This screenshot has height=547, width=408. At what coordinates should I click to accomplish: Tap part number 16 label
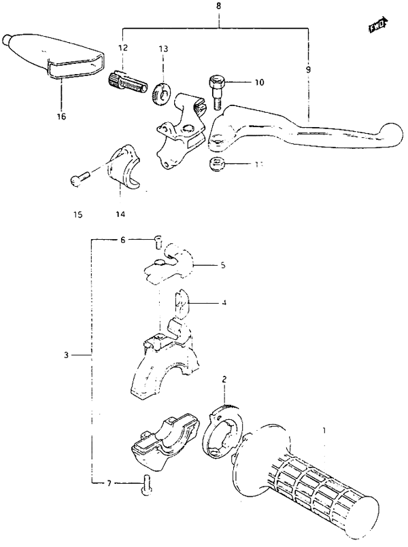61,116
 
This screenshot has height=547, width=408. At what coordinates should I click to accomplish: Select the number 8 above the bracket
218,6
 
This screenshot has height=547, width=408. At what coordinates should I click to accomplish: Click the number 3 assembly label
67,354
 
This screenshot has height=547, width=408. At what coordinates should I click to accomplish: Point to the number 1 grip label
324,430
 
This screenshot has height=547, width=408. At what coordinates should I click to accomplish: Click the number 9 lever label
308,70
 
